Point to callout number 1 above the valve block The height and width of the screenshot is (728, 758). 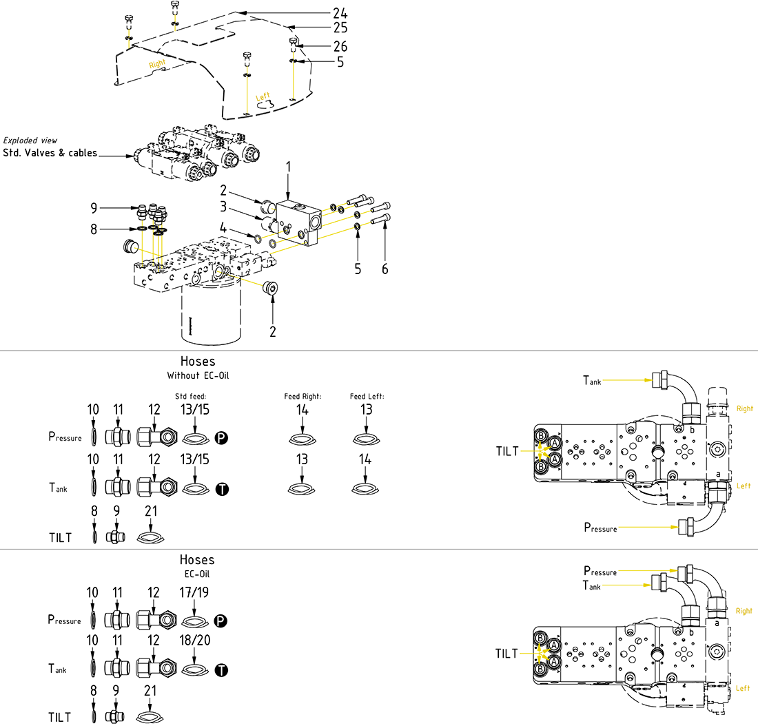click(289, 166)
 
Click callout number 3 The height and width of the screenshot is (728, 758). click(224, 206)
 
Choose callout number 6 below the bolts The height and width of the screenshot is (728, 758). click(385, 269)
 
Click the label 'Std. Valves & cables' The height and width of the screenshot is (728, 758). click(50, 153)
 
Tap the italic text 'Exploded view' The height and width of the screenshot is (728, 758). click(30, 141)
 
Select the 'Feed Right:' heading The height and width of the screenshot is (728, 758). click(303, 397)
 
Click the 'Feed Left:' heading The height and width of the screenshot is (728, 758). click(366, 397)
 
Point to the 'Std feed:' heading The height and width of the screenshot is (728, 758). click(192, 397)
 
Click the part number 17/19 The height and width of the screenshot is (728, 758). click(194, 592)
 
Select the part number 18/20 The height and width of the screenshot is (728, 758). click(194, 640)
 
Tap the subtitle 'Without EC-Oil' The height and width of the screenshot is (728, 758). click(197, 376)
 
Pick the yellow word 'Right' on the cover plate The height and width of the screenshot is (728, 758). click(158, 63)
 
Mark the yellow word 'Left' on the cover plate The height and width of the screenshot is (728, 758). click(263, 97)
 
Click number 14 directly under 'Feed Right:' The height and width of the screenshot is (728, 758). click(303, 409)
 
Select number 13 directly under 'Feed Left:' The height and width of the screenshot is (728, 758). click(366, 409)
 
